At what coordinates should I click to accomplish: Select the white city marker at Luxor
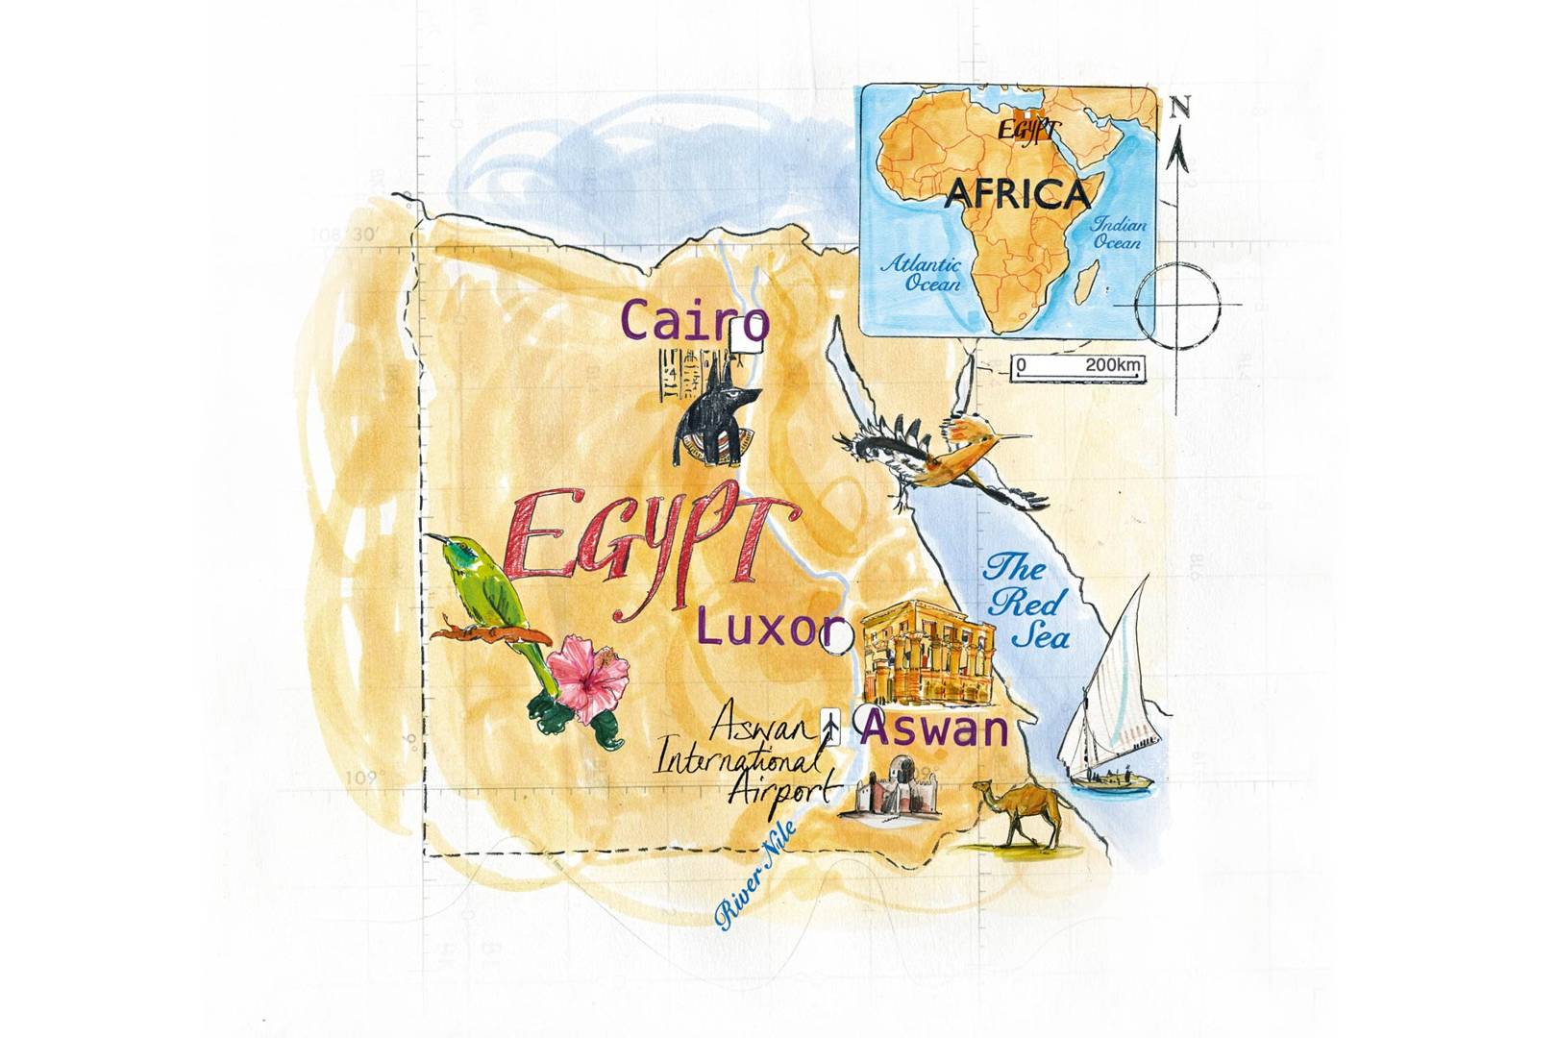pyautogui.click(x=840, y=637)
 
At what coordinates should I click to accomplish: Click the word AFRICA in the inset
pyautogui.click(x=1018, y=195)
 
